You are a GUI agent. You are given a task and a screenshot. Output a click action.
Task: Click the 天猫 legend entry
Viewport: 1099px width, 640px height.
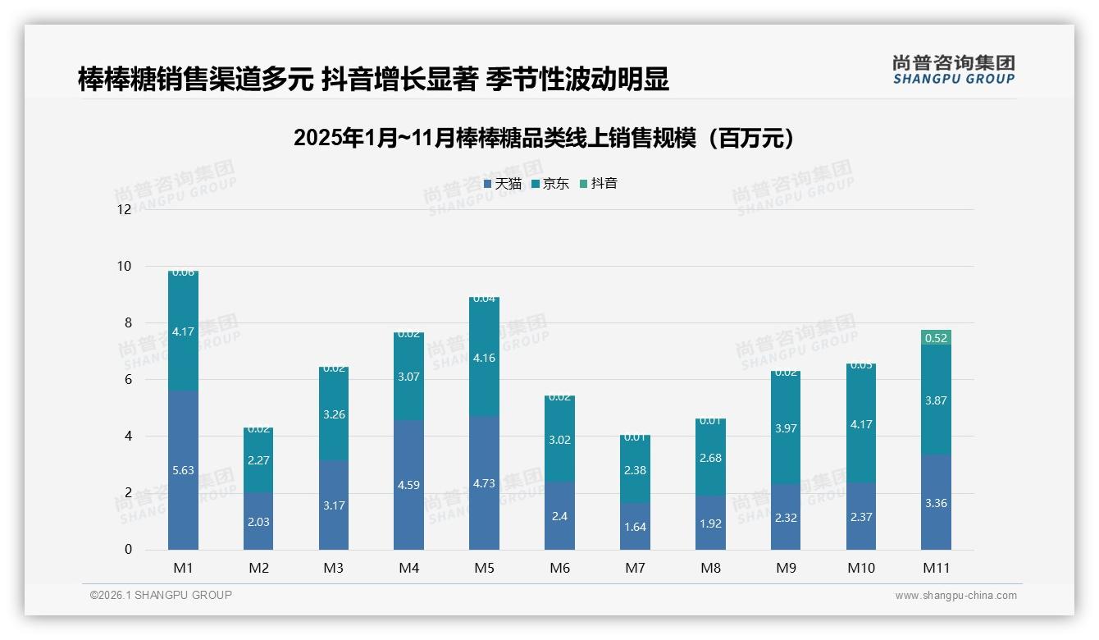pos(502,184)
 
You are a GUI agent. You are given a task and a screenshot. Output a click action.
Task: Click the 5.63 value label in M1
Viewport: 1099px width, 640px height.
pos(183,470)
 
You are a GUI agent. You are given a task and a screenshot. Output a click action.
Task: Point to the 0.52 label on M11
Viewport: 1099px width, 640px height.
pos(936,338)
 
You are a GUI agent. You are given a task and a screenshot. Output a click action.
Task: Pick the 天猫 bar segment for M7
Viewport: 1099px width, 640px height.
pos(635,526)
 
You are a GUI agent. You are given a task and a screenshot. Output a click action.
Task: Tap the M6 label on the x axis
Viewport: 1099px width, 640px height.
pos(559,568)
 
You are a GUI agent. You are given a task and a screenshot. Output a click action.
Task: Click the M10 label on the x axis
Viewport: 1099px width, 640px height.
pos(860,568)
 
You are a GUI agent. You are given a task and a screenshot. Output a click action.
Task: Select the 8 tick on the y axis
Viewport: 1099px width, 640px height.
pos(127,322)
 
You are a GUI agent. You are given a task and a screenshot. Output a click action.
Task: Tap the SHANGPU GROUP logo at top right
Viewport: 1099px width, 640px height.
pos(953,70)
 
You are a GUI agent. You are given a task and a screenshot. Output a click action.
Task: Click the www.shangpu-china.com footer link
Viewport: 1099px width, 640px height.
pos(955,596)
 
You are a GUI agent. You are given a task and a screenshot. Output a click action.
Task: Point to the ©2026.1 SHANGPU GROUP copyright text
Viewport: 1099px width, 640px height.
pos(161,595)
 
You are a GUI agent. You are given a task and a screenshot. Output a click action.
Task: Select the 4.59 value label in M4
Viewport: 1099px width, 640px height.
pos(408,485)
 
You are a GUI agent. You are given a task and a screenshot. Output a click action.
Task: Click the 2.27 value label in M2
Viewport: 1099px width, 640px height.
pos(258,460)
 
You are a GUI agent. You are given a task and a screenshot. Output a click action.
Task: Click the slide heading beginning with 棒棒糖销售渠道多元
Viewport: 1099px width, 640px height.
pos(373,79)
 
